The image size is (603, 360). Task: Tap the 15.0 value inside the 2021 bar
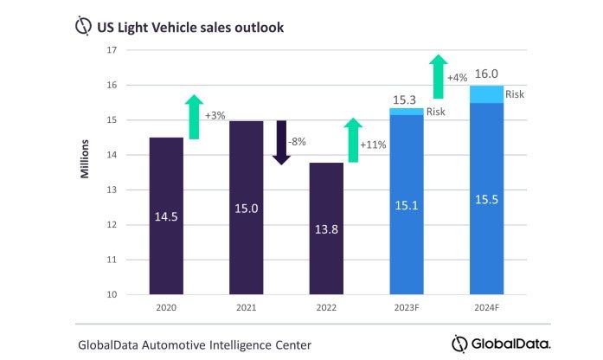point(247,209)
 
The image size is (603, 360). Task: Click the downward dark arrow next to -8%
point(281,142)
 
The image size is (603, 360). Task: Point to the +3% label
point(215,116)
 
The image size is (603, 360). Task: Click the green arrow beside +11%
point(353,140)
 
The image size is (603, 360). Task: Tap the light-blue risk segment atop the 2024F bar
point(486,94)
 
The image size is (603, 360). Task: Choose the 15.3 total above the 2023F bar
point(406,99)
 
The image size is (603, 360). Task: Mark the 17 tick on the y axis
point(111,50)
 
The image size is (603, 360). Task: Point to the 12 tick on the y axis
point(111,225)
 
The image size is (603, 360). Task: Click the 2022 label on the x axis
point(326,307)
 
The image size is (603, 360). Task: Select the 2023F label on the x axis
point(406,307)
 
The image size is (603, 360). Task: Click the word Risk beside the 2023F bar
point(436,112)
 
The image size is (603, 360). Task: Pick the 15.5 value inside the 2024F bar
point(486,200)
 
